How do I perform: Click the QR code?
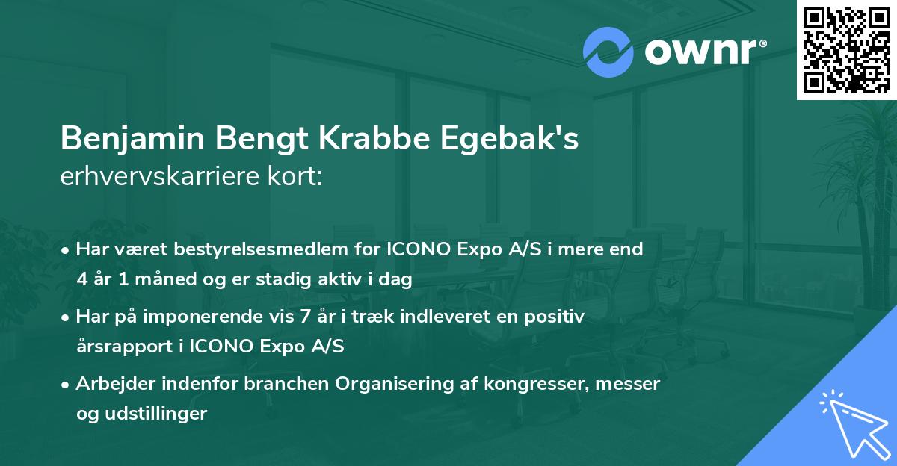click(847, 49)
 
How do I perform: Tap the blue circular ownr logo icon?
click(609, 52)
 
